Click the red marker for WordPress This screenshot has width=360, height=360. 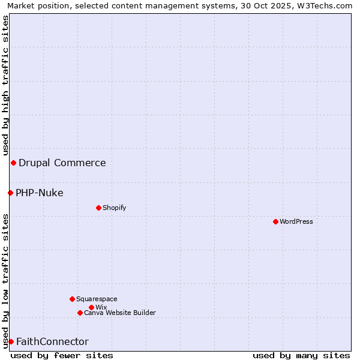click(275, 221)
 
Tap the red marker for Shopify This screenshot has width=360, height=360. click(98, 208)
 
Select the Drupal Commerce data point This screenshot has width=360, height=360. click(13, 163)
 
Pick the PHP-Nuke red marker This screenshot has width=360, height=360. click(10, 193)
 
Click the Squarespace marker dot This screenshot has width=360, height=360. click(72, 299)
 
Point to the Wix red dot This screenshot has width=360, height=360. click(91, 307)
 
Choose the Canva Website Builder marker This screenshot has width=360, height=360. click(80, 313)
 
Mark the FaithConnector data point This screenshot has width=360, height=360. click(11, 341)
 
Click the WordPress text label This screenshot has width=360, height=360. click(296, 221)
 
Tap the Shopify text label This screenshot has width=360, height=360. click(114, 208)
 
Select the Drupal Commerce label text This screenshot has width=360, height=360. click(62, 163)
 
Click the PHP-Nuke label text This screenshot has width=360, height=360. click(40, 193)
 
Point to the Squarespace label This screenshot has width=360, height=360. click(97, 299)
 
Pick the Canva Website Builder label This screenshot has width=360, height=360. click(120, 313)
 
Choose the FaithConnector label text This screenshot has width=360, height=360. click(52, 341)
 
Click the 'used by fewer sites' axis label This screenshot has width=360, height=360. click(62, 355)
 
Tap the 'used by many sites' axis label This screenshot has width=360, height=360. click(301, 355)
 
